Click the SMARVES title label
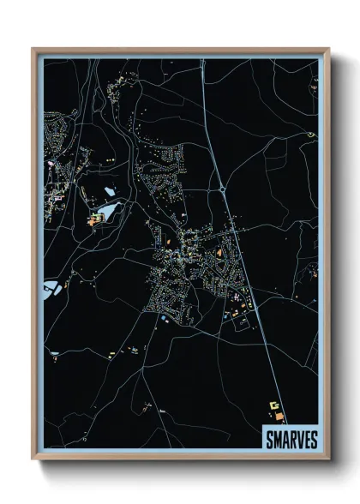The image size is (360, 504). click(x=286, y=439)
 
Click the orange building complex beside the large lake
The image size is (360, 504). click(x=93, y=219)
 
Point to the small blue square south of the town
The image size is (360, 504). click(x=162, y=320)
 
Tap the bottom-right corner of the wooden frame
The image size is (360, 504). click(x=328, y=460)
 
